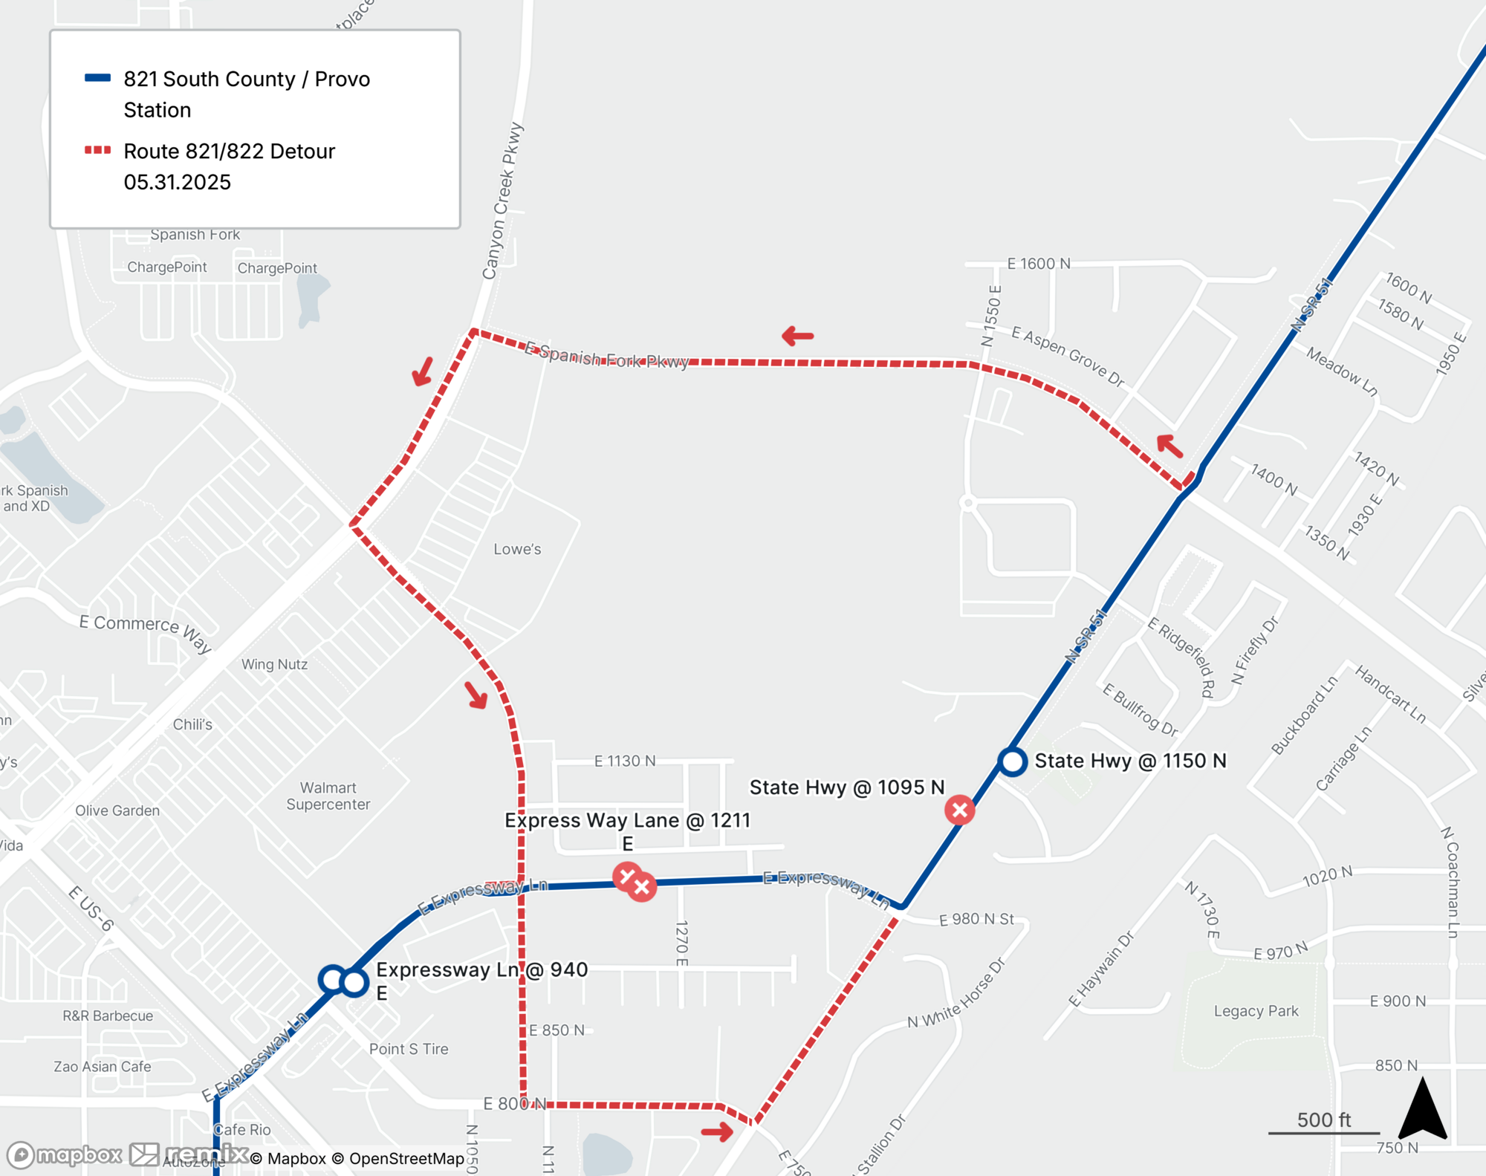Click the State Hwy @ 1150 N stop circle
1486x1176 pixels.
click(1012, 761)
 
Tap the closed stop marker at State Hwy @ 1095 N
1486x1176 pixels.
click(959, 810)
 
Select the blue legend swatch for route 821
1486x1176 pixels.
click(97, 78)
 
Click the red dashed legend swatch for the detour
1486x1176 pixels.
click(97, 150)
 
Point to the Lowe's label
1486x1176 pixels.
click(517, 549)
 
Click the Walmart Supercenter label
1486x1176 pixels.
click(328, 796)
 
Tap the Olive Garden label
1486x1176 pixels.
click(117, 810)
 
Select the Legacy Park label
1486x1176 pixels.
click(1256, 1011)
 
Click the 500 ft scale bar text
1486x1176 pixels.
click(1323, 1120)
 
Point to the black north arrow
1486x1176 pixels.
click(1422, 1111)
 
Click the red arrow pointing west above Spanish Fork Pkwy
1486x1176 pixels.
click(797, 336)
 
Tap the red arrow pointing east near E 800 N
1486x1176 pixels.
click(717, 1131)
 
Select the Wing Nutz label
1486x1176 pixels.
click(274, 664)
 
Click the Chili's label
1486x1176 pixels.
click(192, 724)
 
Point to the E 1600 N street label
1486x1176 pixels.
click(1038, 264)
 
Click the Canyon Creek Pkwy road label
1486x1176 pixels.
click(503, 201)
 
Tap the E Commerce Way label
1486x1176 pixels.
click(146, 632)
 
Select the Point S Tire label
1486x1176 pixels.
click(409, 1049)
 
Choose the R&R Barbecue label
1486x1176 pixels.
click(108, 1016)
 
